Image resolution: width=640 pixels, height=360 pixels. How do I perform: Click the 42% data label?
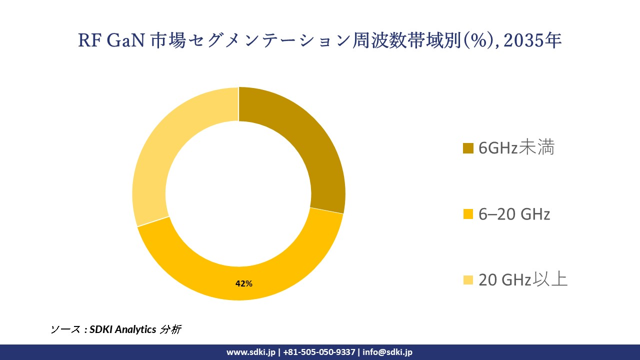pyautogui.click(x=244, y=283)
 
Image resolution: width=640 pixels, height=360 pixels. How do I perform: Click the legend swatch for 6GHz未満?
pyautogui.click(x=468, y=148)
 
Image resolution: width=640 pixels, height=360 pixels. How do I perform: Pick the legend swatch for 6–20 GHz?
pyautogui.click(x=468, y=214)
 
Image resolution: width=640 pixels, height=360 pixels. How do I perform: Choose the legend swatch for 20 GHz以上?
pyautogui.click(x=468, y=280)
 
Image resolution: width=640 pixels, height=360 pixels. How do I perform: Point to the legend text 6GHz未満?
pyautogui.click(x=516, y=148)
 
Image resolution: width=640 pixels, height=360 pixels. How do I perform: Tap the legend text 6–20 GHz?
pyautogui.click(x=514, y=214)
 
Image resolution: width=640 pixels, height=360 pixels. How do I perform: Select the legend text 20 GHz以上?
pyautogui.click(x=523, y=280)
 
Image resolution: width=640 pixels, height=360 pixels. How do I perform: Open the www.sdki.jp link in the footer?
pyautogui.click(x=250, y=352)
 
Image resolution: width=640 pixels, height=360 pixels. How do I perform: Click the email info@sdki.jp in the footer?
pyautogui.click(x=387, y=352)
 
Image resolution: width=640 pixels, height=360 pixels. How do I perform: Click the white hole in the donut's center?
pyautogui.click(x=238, y=194)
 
